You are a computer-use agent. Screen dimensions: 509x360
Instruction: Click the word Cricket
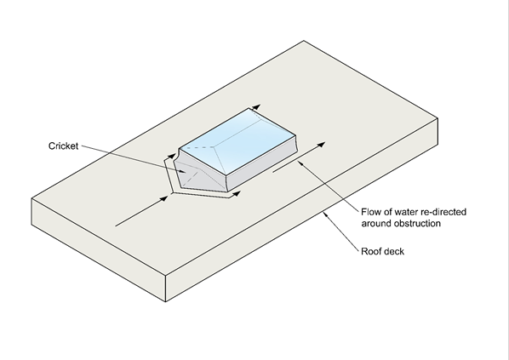click(x=63, y=146)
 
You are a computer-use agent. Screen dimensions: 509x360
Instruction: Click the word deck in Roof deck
click(x=394, y=252)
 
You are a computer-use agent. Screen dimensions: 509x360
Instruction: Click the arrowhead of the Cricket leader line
click(x=183, y=172)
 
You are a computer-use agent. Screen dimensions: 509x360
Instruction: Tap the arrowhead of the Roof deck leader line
click(x=324, y=214)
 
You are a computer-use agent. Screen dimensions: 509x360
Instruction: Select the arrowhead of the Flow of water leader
click(x=300, y=163)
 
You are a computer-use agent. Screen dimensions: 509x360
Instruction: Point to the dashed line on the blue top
click(x=197, y=148)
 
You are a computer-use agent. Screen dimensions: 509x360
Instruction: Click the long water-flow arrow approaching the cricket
click(x=142, y=211)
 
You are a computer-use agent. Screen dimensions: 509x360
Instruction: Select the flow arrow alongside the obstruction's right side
click(x=299, y=157)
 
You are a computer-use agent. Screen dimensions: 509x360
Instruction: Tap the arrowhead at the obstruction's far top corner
click(x=256, y=107)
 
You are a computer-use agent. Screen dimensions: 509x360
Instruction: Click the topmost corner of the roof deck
click(x=304, y=41)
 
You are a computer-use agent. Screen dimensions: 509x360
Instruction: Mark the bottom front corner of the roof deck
click(x=166, y=302)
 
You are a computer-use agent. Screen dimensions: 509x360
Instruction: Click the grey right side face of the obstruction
click(x=262, y=164)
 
